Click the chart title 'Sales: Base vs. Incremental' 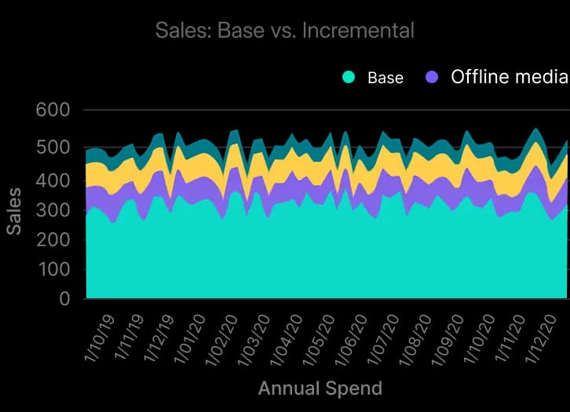point(284,31)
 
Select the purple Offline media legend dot point(431,77)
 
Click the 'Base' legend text point(385,78)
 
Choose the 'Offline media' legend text point(509,77)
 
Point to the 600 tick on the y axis point(53,110)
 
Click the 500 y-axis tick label point(53,148)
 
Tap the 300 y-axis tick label point(53,210)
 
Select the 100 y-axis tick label point(53,269)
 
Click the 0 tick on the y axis point(64,299)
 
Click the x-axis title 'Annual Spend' point(320,388)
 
